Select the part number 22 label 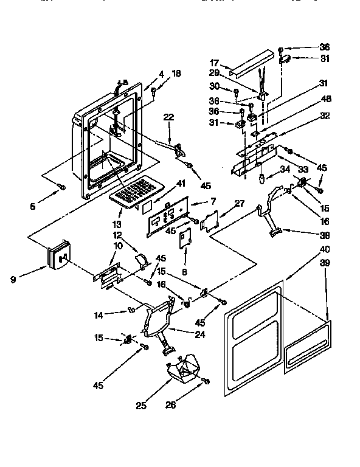pyautogui.click(x=168, y=117)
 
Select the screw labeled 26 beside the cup pyautogui.click(x=206, y=381)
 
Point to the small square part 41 pyautogui.click(x=147, y=206)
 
